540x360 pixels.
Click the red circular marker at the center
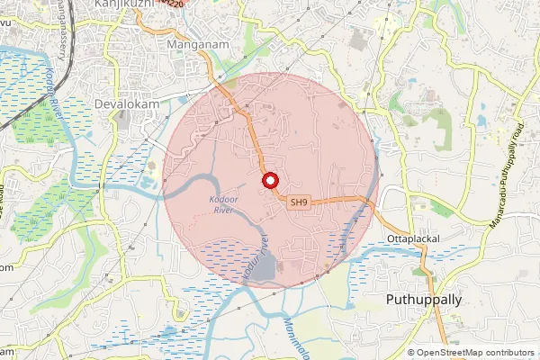[269, 181]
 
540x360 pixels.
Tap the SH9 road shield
[300, 205]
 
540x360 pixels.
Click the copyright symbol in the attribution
[411, 353]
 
